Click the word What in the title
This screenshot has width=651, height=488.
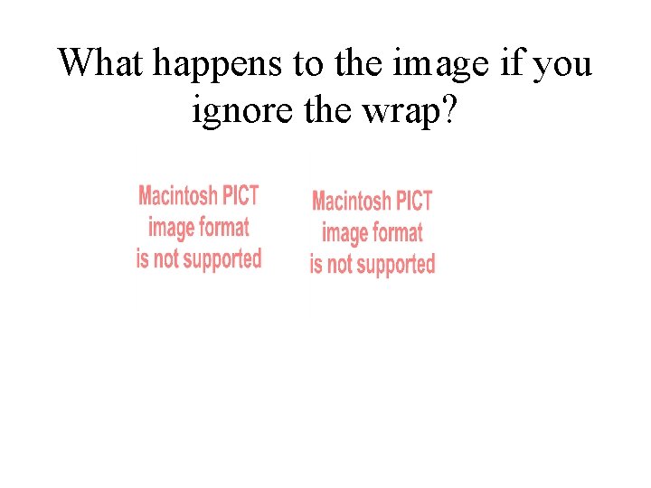tap(101, 63)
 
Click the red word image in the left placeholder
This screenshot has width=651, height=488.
tap(170, 228)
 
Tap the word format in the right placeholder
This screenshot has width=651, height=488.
tap(396, 232)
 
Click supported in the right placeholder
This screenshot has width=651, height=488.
tap(393, 265)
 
